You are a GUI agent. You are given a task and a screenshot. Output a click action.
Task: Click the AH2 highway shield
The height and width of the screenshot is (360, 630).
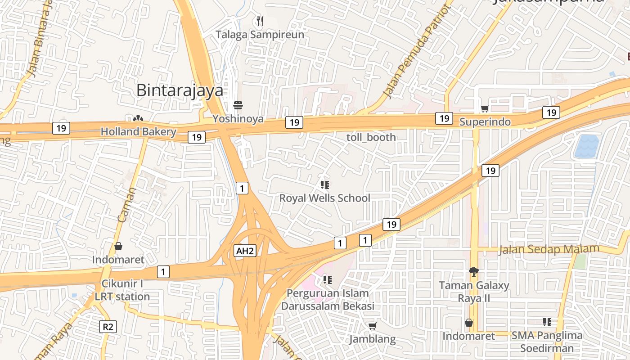click(245, 251)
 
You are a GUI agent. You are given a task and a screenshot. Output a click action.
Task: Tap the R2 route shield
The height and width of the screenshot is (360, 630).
click(108, 326)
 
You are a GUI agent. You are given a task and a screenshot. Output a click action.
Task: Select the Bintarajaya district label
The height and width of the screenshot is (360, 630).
click(180, 90)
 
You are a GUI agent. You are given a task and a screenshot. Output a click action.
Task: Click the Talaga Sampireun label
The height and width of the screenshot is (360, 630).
click(260, 35)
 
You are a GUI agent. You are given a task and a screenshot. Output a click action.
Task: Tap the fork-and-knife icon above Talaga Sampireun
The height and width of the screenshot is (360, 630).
click(260, 21)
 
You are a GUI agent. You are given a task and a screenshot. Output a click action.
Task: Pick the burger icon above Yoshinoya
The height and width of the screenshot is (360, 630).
click(238, 106)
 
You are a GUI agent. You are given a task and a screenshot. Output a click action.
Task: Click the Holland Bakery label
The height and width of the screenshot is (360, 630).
click(138, 132)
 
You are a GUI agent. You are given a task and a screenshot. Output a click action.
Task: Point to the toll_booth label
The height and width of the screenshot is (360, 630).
click(371, 137)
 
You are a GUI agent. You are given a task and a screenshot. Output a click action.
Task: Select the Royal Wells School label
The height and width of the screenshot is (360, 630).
click(324, 198)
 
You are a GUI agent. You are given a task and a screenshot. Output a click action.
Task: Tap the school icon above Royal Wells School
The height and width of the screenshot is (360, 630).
click(325, 184)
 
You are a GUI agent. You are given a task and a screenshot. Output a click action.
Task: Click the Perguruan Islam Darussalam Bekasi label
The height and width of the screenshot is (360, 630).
click(328, 300)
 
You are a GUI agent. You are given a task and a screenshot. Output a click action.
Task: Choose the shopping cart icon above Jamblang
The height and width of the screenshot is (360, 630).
click(372, 326)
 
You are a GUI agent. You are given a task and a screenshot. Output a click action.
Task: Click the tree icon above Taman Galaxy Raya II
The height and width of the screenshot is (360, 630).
click(473, 271)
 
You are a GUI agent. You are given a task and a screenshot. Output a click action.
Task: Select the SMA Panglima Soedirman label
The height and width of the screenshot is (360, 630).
click(547, 342)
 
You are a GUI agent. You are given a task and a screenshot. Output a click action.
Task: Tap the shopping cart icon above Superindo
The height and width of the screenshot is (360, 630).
click(485, 108)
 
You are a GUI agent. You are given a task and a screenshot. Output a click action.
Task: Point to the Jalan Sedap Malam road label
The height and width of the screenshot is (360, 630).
click(549, 249)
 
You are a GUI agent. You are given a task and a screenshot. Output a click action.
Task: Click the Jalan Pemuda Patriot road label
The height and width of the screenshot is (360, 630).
click(416, 52)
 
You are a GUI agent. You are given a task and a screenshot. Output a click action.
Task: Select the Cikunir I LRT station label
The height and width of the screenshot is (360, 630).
click(122, 290)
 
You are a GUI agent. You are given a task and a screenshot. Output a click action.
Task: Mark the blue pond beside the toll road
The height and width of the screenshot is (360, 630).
click(587, 146)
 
